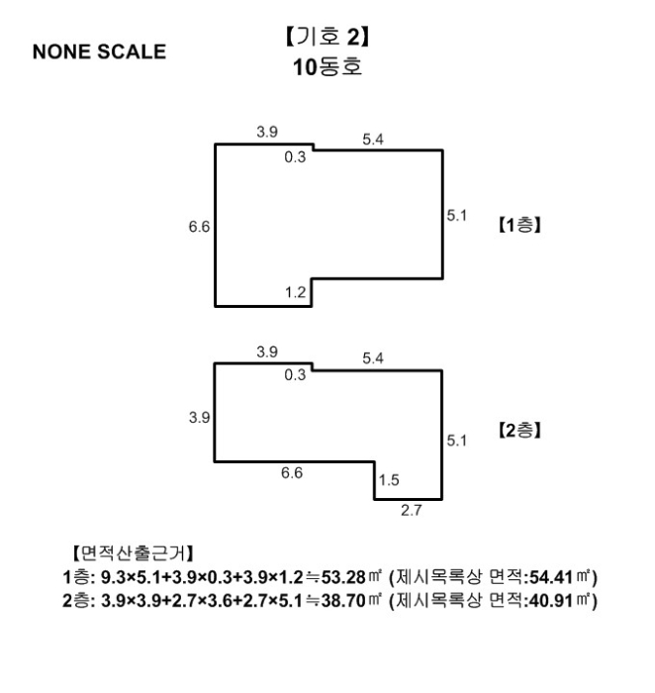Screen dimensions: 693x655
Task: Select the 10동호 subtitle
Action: click(328, 71)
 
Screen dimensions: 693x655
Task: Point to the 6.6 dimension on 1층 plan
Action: click(198, 227)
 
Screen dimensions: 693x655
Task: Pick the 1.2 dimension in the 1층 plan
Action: click(295, 294)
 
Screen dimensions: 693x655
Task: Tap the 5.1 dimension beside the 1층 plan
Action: click(456, 214)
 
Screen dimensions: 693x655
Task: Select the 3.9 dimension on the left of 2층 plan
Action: click(198, 417)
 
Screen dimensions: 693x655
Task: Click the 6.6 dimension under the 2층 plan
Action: click(293, 473)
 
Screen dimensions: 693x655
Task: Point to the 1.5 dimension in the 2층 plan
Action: click(388, 481)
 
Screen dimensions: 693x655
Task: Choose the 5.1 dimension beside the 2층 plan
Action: click(456, 439)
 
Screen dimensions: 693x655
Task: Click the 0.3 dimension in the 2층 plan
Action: click(295, 376)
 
